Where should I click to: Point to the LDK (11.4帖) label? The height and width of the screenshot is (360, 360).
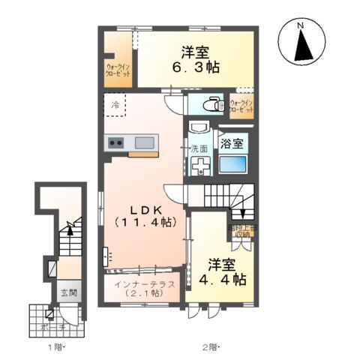point(144,214)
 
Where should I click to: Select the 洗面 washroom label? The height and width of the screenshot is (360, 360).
point(198,147)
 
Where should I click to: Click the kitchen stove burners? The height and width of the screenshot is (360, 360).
point(116,142)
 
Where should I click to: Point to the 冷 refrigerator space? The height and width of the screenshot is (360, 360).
point(115,104)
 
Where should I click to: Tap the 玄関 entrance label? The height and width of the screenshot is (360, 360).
point(68,292)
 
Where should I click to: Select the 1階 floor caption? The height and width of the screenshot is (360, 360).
point(57,346)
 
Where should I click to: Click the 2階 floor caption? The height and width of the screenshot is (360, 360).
point(208,346)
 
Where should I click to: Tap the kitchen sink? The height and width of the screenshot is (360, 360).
point(144,142)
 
